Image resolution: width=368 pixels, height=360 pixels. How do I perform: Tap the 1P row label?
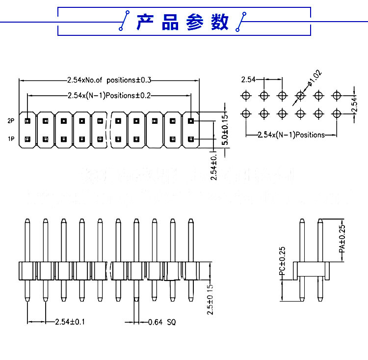click(x=11, y=139)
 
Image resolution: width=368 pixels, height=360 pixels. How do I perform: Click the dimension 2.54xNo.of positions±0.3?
click(x=109, y=80)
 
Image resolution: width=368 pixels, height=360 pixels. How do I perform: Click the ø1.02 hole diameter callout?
click(x=315, y=79)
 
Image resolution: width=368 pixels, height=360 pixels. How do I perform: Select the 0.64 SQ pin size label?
click(x=161, y=322)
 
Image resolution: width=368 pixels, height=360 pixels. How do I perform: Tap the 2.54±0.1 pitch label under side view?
click(x=70, y=322)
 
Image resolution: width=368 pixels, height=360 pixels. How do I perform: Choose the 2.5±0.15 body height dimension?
click(x=210, y=299)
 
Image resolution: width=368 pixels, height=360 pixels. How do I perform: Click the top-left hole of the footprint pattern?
click(x=246, y=95)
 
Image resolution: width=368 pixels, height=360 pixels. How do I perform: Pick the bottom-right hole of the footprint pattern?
click(x=337, y=113)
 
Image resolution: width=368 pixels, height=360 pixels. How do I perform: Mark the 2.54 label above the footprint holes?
click(x=248, y=79)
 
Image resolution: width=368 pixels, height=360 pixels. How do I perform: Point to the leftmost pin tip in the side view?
click(x=27, y=222)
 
